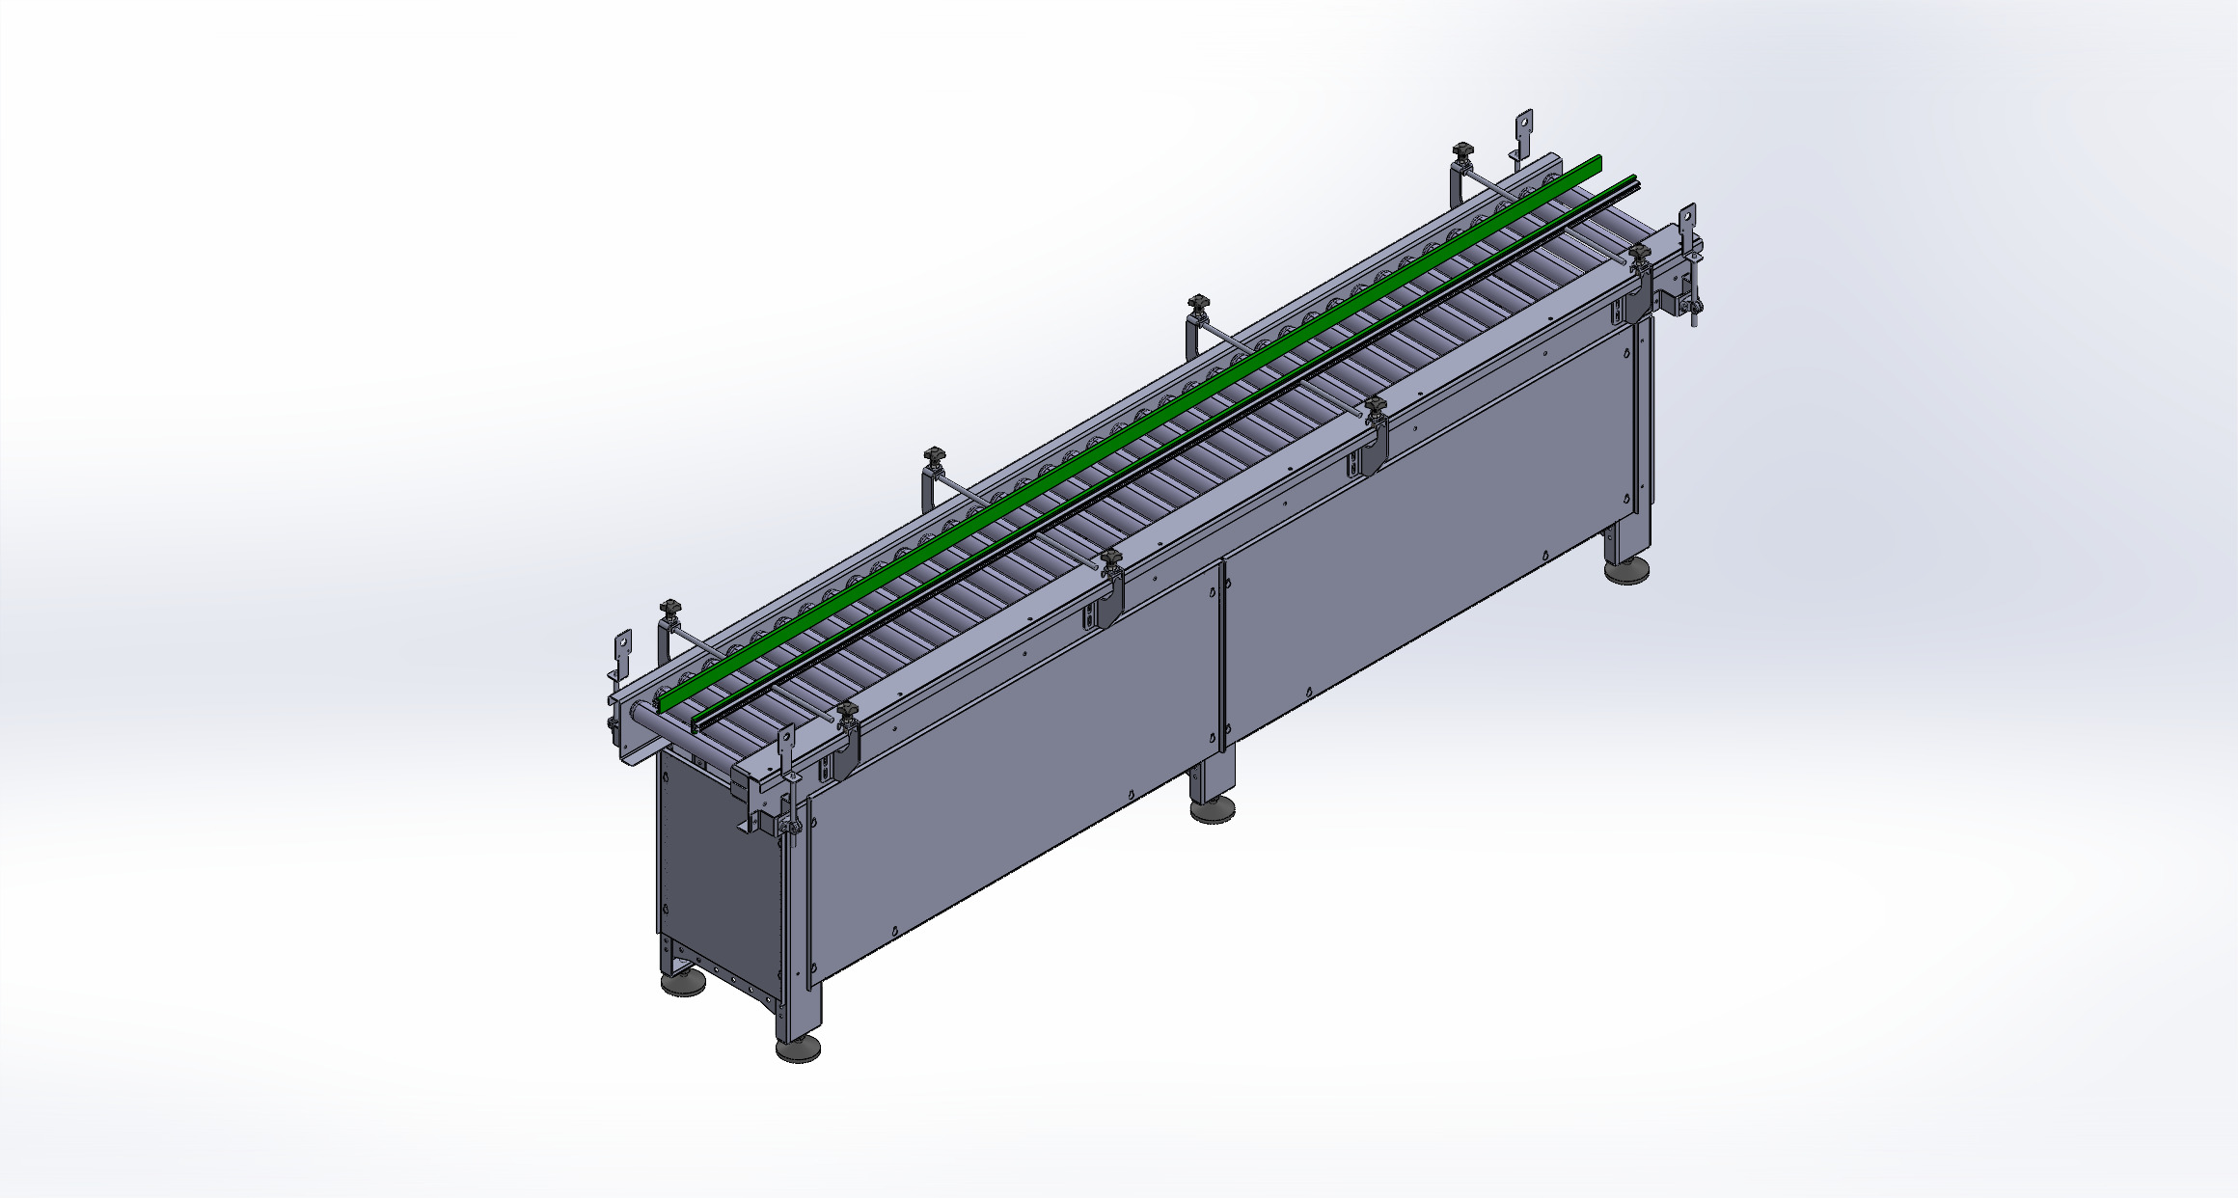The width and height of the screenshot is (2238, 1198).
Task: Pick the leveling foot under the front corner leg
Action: click(799, 1048)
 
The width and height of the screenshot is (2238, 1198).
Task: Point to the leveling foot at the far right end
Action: click(1629, 571)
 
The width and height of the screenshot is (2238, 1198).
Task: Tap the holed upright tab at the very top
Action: click(1523, 130)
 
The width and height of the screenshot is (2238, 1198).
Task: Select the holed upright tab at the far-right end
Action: click(1687, 223)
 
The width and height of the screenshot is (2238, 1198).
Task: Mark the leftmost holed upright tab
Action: click(623, 646)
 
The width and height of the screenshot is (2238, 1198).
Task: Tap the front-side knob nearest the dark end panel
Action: click(847, 714)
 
